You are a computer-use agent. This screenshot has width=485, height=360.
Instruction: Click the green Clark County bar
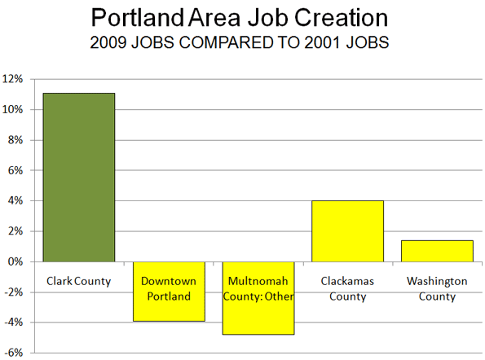point(79,178)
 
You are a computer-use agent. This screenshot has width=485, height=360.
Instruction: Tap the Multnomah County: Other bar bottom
point(258,335)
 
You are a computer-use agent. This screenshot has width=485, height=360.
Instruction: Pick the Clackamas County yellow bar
point(348,231)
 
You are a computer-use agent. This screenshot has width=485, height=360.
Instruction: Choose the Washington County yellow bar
point(437,251)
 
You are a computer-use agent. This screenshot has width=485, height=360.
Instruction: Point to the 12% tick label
point(13,79)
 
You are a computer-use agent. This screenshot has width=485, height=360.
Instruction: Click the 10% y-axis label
point(13,109)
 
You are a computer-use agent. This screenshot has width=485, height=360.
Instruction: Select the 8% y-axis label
point(15,140)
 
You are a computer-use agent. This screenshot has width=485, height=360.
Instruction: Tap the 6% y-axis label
point(15,170)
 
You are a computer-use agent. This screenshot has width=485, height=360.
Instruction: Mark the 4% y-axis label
point(15,201)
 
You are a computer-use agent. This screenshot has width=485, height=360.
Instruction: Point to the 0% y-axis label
point(15,261)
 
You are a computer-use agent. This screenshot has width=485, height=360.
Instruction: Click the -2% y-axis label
point(13,292)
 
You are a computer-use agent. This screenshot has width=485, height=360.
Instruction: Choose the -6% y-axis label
point(13,353)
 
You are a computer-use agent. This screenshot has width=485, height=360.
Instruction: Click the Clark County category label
point(78,282)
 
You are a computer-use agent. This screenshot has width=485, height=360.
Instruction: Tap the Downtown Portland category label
point(169,288)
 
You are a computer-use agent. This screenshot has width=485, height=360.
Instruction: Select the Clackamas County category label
point(347,288)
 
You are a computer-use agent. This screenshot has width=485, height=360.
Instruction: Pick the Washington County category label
point(437,288)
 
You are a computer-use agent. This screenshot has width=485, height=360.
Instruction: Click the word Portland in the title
point(138,18)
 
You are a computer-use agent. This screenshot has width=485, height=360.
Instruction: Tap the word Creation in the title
point(341,18)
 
